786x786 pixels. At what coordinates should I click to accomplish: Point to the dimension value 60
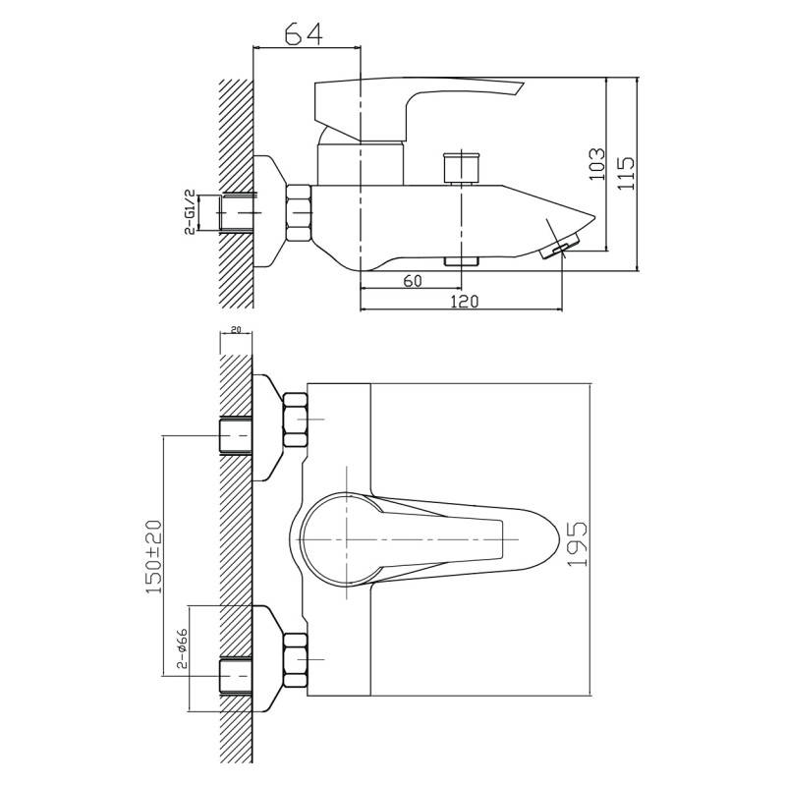click(412, 281)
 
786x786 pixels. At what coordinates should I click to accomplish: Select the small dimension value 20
click(236, 331)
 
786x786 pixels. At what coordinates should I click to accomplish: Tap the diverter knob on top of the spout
click(462, 166)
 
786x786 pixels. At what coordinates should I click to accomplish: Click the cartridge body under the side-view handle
click(361, 161)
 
